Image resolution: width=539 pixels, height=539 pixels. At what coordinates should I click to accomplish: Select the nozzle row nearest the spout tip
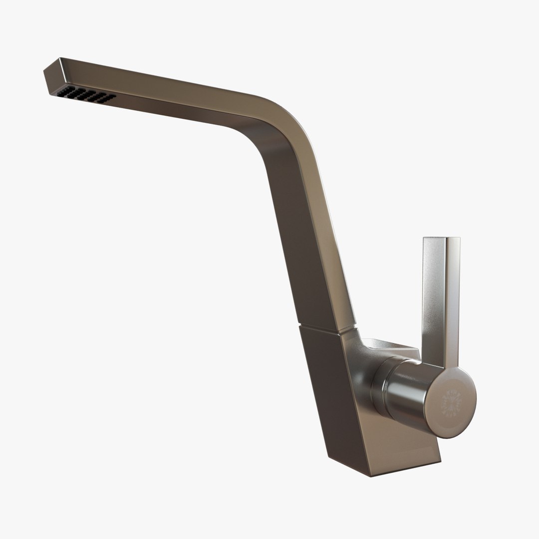coord(65,91)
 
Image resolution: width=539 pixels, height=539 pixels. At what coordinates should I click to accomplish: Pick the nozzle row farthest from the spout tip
coord(108,98)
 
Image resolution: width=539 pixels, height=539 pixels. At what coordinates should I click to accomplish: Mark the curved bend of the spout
coord(279,120)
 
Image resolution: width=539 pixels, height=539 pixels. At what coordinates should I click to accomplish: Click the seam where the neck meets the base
coord(327,329)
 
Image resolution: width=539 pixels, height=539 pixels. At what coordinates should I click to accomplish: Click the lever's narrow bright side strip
coord(453,299)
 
